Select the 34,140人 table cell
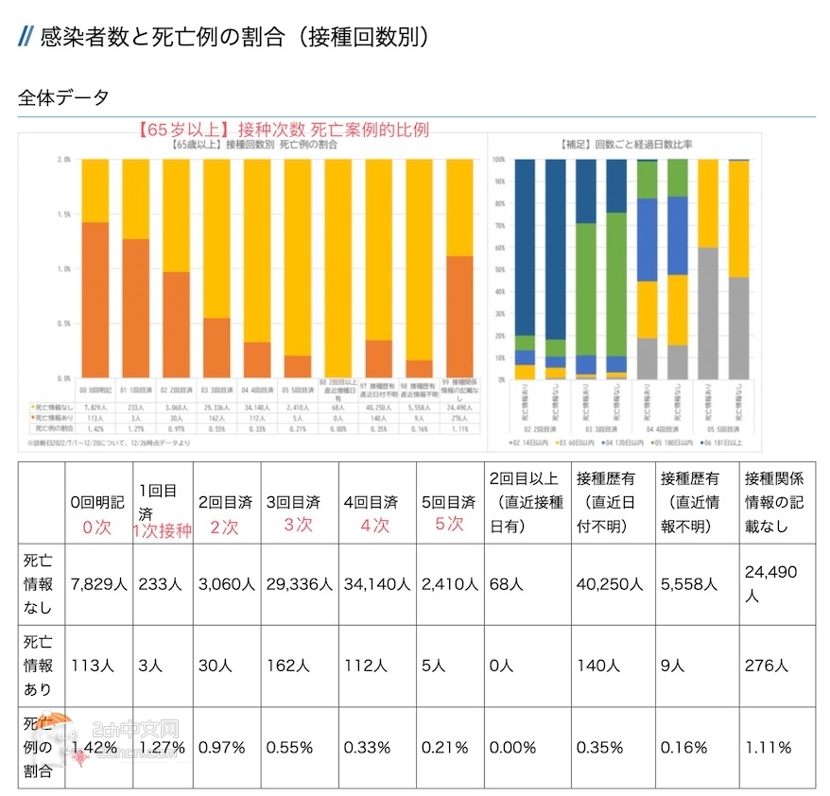pyautogui.click(x=376, y=584)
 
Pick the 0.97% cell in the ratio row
pyautogui.click(x=222, y=747)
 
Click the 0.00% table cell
pyautogui.click(x=513, y=747)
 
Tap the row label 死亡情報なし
pyautogui.click(x=39, y=584)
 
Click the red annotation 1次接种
pyautogui.click(x=162, y=531)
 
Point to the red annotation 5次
pyautogui.click(x=449, y=523)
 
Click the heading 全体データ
pyautogui.click(x=63, y=97)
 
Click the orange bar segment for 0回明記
pyautogui.click(x=94, y=300)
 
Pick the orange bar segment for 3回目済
pyautogui.click(x=216, y=347)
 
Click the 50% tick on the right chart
pyautogui.click(x=498, y=268)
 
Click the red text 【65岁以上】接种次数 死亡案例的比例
pyautogui.click(x=283, y=130)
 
